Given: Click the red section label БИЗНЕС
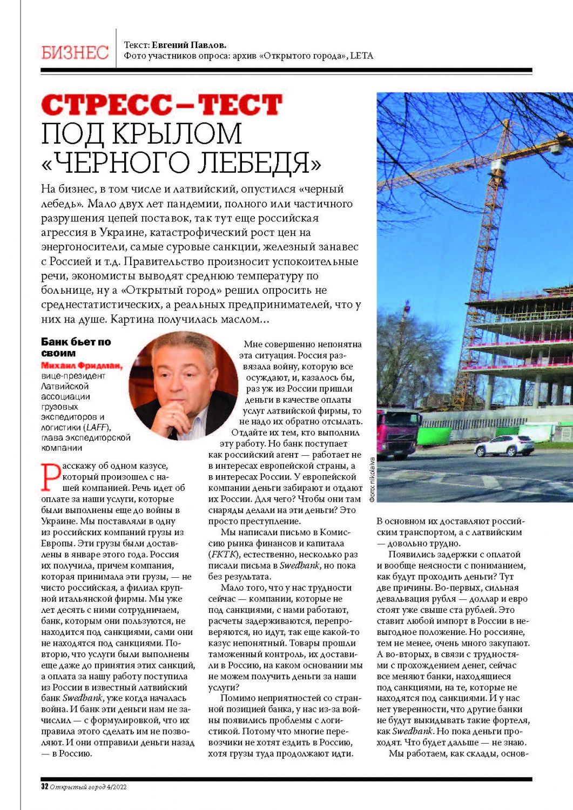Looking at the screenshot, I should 75,52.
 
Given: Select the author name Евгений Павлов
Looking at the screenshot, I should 188,45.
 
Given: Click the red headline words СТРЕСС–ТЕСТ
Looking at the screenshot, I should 161,105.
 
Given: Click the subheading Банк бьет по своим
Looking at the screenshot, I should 76,347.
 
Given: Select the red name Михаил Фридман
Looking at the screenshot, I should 82,366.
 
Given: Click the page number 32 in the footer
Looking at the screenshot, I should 45,787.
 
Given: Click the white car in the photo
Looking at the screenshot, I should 503,446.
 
